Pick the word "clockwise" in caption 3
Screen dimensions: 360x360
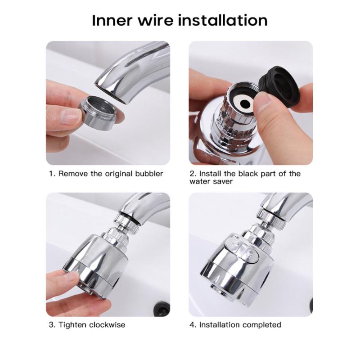tap(108, 324)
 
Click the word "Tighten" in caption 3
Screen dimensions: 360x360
tap(73, 324)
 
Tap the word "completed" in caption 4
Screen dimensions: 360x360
tap(261, 324)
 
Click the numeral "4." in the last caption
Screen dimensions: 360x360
tap(193, 324)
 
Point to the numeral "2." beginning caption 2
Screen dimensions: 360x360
tap(193, 173)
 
